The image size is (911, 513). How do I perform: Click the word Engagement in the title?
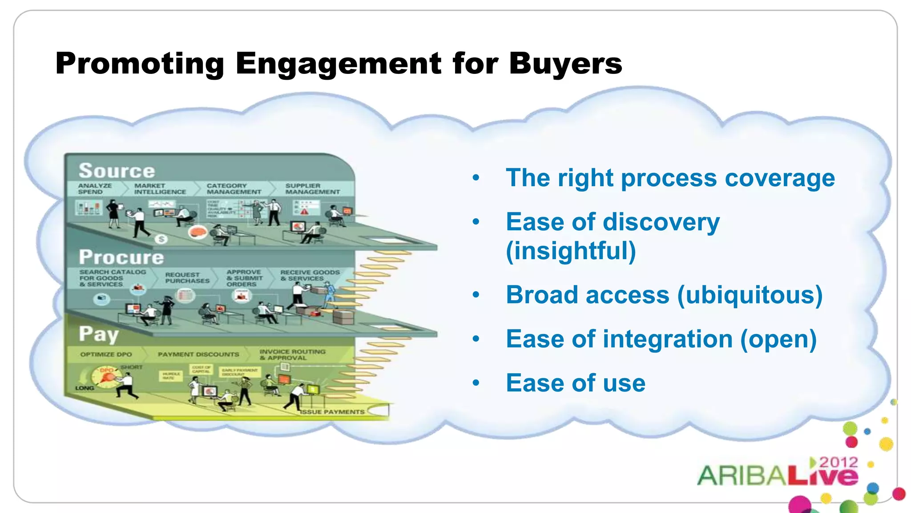pyautogui.click(x=339, y=64)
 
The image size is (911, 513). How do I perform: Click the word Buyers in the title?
pyautogui.click(x=565, y=63)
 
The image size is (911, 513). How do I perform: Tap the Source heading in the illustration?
pyautogui.click(x=117, y=171)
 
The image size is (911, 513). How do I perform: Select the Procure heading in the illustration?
pyautogui.click(x=121, y=257)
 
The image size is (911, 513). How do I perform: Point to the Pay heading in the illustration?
pyautogui.click(x=99, y=334)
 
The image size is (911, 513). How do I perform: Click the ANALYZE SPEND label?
pyautogui.click(x=94, y=188)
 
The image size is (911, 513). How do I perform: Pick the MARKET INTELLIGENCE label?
pyautogui.click(x=160, y=188)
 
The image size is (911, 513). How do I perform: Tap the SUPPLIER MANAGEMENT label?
pyautogui.click(x=312, y=188)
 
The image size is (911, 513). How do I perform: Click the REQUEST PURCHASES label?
pyautogui.click(x=187, y=278)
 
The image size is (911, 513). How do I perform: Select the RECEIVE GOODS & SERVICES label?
pyautogui.click(x=310, y=275)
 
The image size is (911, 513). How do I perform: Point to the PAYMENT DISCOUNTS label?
pyautogui.click(x=198, y=354)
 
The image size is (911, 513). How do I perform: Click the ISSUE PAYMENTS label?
pyautogui.click(x=332, y=412)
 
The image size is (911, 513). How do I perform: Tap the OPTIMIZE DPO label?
pyautogui.click(x=106, y=354)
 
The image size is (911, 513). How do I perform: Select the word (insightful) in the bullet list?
pyautogui.click(x=571, y=250)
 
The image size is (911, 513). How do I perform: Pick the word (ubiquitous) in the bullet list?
pyautogui.click(x=750, y=295)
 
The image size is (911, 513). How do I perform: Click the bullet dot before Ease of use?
pyautogui.click(x=476, y=383)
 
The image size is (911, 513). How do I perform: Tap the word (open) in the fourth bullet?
pyautogui.click(x=778, y=339)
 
